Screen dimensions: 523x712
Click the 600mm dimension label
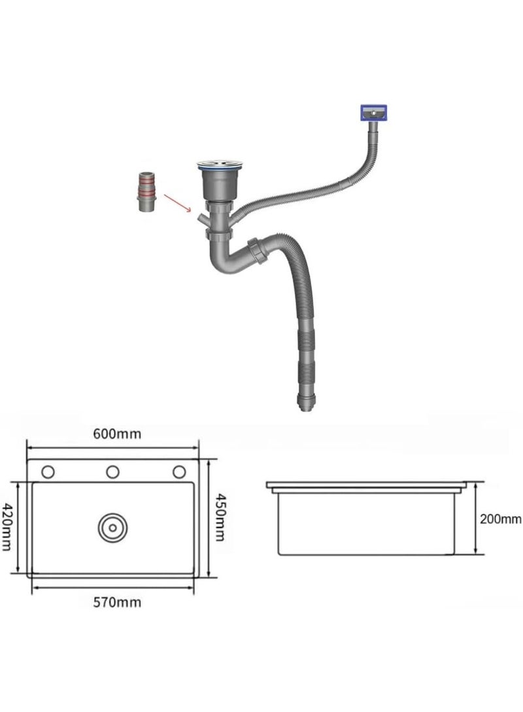[117, 434]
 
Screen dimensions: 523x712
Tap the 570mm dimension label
[117, 602]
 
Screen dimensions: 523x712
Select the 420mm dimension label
[7, 526]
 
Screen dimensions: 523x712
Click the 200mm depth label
[500, 519]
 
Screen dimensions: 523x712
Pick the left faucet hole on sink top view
[48, 472]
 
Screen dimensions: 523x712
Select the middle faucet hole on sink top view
[112, 472]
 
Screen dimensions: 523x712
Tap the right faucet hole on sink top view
[179, 472]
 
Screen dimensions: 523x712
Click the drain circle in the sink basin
[112, 528]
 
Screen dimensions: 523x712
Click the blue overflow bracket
[373, 112]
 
